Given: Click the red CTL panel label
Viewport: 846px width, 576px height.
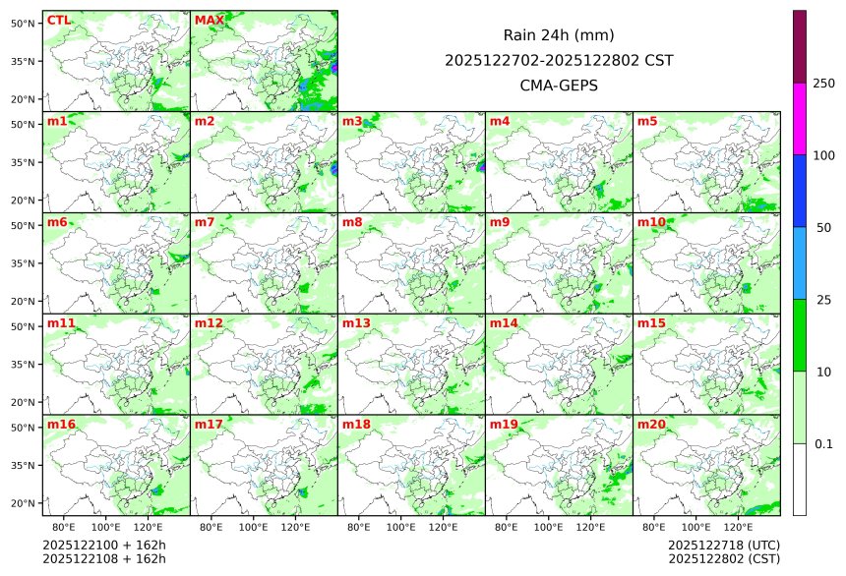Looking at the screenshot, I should (58, 21).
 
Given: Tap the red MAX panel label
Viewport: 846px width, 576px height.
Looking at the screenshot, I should (209, 21).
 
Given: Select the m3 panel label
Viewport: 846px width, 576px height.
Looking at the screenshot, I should (353, 122).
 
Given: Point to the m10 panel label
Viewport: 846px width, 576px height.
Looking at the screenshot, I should (651, 223).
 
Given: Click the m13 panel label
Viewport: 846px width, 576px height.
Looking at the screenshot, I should (356, 323).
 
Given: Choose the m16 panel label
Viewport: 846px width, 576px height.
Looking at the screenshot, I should (61, 425).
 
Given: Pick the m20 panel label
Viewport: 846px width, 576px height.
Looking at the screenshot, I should (651, 425).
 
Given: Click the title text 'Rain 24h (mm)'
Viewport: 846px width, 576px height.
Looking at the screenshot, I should (559, 35).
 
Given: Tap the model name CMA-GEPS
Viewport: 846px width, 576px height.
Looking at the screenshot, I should (559, 86).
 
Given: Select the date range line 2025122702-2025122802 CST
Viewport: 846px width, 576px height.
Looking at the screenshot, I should (559, 60).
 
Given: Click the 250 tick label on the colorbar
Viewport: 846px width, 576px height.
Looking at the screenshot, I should (823, 84).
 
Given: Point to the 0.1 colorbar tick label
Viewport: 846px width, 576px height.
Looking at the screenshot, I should (823, 444).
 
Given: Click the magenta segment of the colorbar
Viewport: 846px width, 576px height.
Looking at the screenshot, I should (800, 118).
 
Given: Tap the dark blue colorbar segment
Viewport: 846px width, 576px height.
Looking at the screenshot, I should (800, 191).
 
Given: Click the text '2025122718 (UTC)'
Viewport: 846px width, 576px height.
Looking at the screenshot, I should (723, 545).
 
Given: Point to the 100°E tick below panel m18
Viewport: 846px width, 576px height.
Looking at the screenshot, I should (401, 528).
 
